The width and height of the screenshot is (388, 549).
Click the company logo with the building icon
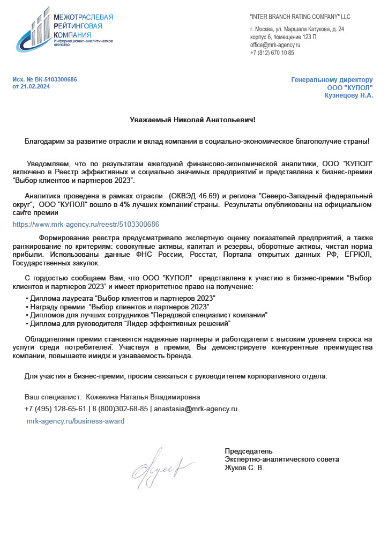click(x=64, y=29)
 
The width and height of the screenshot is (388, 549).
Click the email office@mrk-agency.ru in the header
click(x=275, y=45)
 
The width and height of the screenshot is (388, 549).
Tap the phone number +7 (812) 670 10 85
click(x=272, y=53)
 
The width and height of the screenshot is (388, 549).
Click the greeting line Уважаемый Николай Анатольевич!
click(x=193, y=120)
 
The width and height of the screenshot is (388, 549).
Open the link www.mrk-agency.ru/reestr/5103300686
click(x=86, y=224)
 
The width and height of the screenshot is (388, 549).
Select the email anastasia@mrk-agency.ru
click(x=196, y=409)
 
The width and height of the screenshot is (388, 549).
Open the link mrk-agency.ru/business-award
click(x=76, y=421)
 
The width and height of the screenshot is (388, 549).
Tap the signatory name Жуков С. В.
click(x=244, y=468)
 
